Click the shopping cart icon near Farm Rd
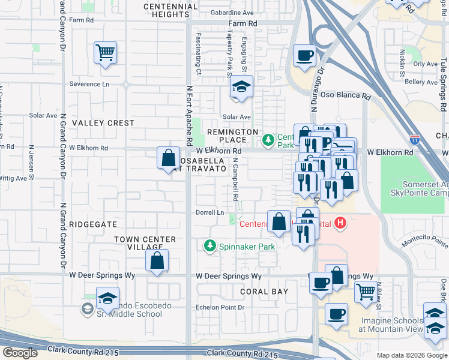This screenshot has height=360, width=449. [x=105, y=53]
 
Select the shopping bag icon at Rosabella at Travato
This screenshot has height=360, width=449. [x=169, y=158]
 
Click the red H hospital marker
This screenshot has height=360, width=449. [x=341, y=224]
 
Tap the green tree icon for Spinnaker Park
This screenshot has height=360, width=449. [x=209, y=245]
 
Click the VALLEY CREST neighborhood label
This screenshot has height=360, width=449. [x=103, y=123]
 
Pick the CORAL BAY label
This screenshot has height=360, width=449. [x=264, y=292]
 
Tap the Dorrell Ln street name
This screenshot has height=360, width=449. [x=210, y=212]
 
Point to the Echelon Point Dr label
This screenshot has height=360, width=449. [x=221, y=307]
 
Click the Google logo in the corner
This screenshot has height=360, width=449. [x=20, y=353]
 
